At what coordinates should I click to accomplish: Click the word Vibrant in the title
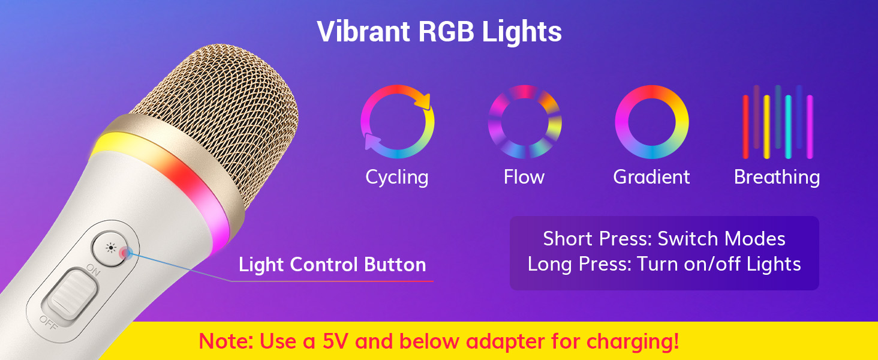[363, 31]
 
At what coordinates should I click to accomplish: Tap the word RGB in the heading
[446, 31]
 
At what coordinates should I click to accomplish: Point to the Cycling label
[396, 178]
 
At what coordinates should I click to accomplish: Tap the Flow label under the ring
[524, 177]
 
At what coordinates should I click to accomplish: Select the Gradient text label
[651, 177]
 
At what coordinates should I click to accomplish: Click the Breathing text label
[777, 178]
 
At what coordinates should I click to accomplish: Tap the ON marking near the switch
[94, 270]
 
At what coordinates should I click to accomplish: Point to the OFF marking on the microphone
[49, 322]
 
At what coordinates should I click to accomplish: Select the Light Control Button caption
[332, 265]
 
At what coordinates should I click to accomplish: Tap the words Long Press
[579, 265]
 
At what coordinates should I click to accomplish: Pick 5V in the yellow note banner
[335, 341]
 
